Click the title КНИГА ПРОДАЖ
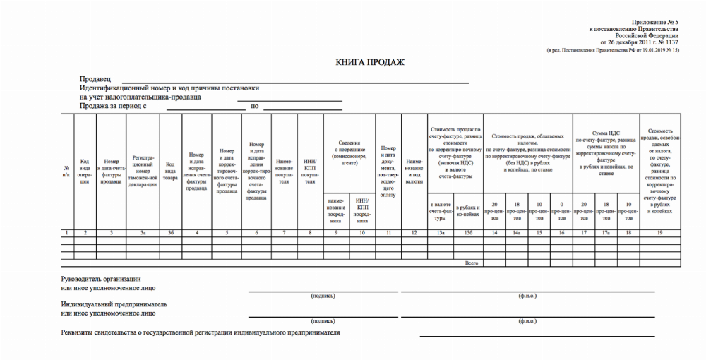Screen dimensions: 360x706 [x=370, y=62]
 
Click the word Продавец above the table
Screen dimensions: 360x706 [x=96, y=79]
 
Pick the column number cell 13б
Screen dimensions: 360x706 [x=468, y=232]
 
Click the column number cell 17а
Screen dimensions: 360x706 [x=605, y=232]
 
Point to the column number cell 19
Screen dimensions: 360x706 [x=659, y=232]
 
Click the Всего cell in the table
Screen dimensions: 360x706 [x=471, y=263]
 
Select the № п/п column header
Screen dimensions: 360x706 [x=66, y=171]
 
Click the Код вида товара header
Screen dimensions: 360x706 [x=170, y=171]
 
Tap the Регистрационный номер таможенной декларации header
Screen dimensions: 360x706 [x=143, y=171]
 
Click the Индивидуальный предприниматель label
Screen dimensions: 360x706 [x=114, y=304]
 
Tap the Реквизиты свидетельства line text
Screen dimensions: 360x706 [x=201, y=332]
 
